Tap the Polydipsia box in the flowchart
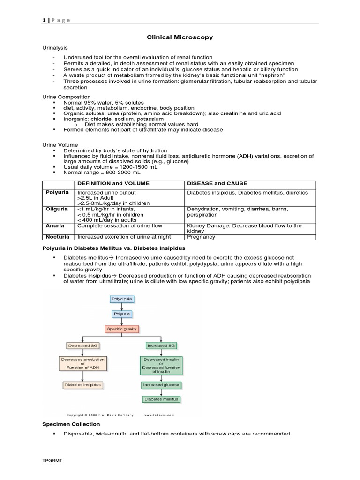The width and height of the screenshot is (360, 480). click(x=121, y=298)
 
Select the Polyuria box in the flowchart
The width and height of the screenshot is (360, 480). click(x=121, y=313)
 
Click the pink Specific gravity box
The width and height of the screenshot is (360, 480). click(x=122, y=329)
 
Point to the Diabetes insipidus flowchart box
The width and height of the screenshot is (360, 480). click(x=82, y=385)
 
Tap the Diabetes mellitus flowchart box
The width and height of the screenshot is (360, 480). click(x=161, y=399)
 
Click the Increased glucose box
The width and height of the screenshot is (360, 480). click(x=161, y=385)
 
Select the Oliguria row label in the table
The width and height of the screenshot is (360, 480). click(x=57, y=209)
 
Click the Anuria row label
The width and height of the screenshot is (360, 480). click(x=55, y=225)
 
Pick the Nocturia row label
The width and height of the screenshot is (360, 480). click(x=57, y=237)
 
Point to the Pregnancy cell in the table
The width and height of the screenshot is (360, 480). click(x=201, y=237)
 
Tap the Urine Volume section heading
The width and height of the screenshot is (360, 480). click(x=60, y=145)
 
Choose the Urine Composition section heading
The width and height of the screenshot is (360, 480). click(x=67, y=97)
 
